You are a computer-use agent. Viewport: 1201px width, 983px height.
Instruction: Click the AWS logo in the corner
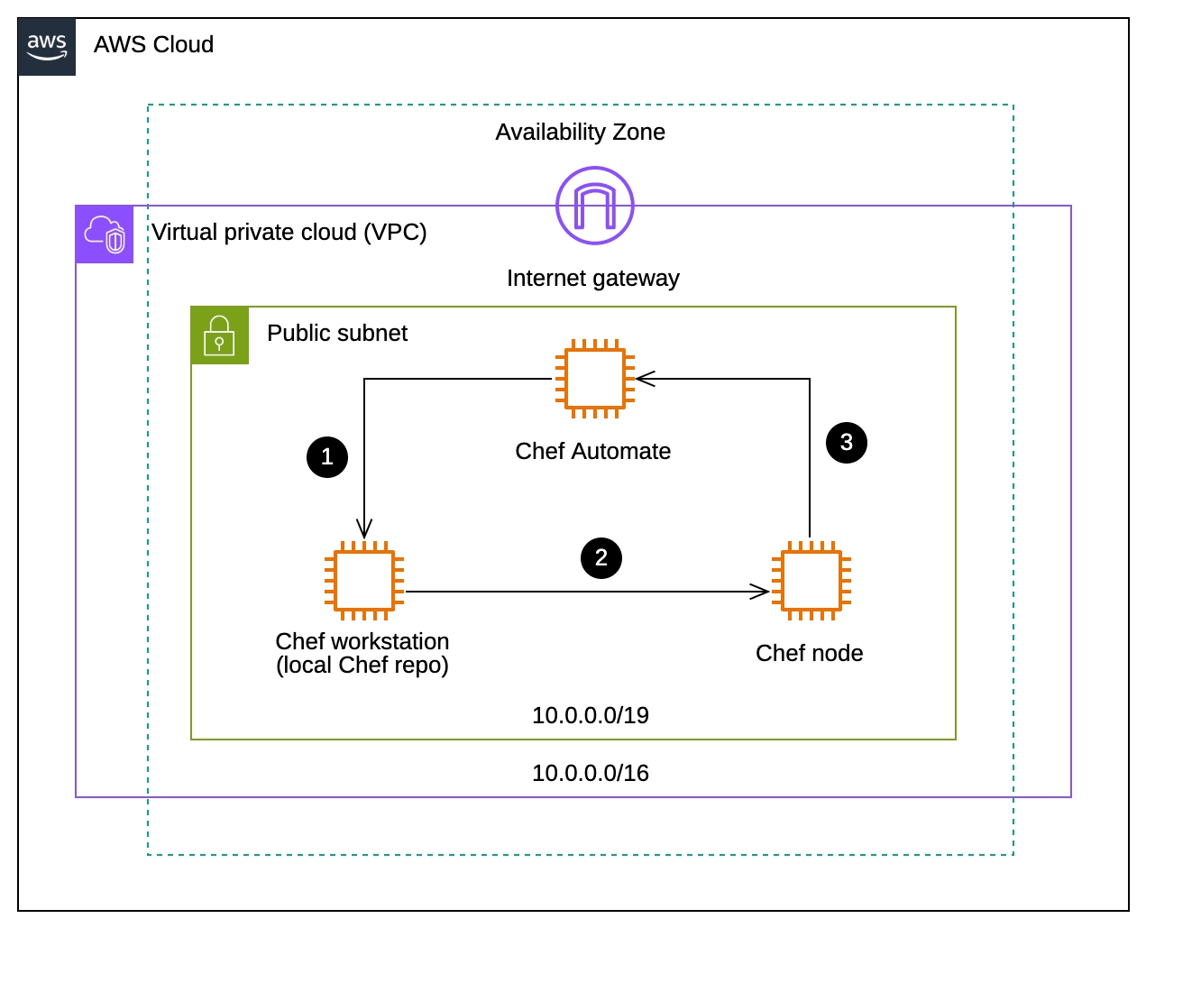[47, 47]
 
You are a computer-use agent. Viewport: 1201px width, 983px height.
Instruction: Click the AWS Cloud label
[153, 44]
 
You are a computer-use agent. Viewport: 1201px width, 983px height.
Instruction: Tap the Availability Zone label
[580, 133]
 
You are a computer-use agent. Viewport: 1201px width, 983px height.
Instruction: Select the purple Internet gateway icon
[594, 206]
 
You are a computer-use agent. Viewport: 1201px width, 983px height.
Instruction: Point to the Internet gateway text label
[592, 279]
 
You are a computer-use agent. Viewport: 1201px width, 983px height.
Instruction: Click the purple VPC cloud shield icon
[105, 234]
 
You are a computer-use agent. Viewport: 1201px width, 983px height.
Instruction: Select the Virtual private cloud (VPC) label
[289, 233]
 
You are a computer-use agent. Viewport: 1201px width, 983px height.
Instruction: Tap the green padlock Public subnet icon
[219, 335]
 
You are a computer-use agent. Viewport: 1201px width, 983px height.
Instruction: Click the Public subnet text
[337, 334]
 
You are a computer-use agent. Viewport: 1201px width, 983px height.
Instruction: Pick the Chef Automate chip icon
[594, 379]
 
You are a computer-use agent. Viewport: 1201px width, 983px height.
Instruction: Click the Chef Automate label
[592, 452]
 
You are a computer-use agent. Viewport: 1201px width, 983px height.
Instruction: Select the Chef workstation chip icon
[363, 581]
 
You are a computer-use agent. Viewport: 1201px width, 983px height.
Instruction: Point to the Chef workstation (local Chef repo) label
[362, 654]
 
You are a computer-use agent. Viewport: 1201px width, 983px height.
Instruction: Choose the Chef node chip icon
[811, 581]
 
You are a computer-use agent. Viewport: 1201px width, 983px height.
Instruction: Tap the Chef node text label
[809, 654]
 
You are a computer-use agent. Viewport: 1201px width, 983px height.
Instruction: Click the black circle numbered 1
[327, 457]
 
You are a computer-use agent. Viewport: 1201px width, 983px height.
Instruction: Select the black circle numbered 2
[601, 558]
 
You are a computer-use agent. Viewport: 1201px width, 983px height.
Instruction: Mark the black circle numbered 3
[847, 443]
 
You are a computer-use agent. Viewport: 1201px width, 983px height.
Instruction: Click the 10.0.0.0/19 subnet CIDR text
[591, 716]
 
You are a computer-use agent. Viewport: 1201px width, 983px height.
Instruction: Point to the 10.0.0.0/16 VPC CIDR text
[591, 774]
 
